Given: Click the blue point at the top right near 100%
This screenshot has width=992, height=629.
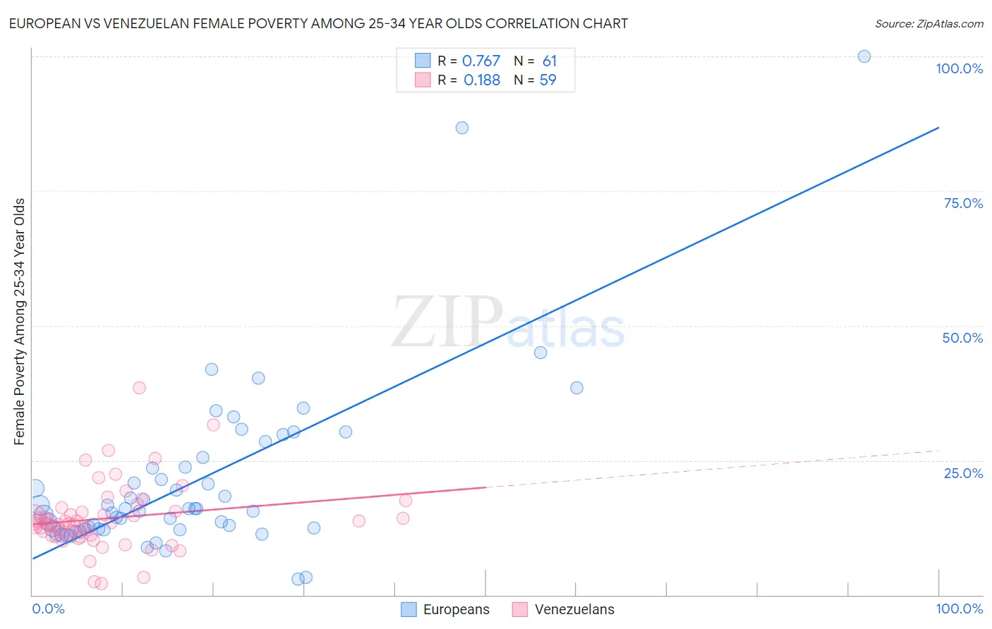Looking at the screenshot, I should tap(864, 56).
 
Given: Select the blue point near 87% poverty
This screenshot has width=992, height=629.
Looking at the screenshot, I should tap(462, 128).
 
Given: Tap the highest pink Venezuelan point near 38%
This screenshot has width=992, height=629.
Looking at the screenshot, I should tap(139, 388).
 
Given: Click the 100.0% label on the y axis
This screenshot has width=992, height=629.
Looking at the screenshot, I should tap(959, 68).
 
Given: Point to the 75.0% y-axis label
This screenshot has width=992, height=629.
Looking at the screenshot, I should tap(963, 203).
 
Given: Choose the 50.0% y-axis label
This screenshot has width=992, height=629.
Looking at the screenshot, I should tap(962, 338).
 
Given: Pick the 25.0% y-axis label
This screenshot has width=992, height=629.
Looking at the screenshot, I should tap(963, 473).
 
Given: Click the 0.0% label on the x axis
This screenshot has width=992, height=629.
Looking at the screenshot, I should tap(48, 609).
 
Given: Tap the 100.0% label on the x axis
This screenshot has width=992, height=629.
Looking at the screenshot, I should tap(959, 609).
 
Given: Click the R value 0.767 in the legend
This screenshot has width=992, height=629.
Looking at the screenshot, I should tap(481, 61).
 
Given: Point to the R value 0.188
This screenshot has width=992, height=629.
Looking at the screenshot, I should tap(482, 80).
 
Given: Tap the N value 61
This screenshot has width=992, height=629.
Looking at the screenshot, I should tap(550, 61).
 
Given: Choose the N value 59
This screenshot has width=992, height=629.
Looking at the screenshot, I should tap(548, 80).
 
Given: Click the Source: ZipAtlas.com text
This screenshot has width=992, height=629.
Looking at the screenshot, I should tap(929, 24).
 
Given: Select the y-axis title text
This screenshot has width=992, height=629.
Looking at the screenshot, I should tap(19, 322).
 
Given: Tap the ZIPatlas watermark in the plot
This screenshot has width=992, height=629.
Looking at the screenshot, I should tap(508, 322).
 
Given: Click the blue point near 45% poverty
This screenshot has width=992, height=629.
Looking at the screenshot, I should tap(540, 353).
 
